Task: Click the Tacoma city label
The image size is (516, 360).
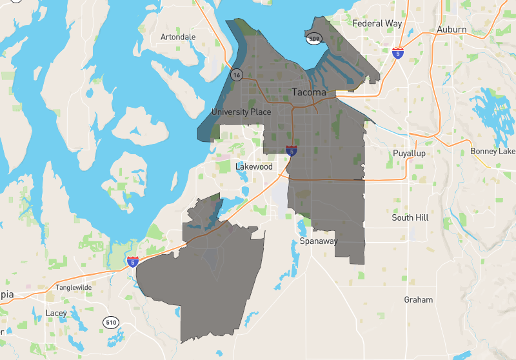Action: [x=309, y=92]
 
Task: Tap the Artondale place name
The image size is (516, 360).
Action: [x=177, y=37]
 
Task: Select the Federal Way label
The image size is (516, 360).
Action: [x=377, y=23]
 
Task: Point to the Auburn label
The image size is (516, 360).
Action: [x=451, y=30]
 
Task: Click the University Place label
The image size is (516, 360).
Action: [x=241, y=112]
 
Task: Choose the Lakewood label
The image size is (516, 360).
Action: [x=253, y=166]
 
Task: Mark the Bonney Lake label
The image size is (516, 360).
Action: [x=493, y=151]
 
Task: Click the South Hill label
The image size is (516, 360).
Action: [x=410, y=218]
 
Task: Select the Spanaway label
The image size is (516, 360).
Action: [x=319, y=241]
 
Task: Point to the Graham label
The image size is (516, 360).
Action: [x=418, y=300]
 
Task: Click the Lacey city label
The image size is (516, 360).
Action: [x=56, y=314]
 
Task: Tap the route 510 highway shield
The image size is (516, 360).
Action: [x=110, y=322]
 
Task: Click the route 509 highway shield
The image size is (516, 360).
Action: [x=315, y=39]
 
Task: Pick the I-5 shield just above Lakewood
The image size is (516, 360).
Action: [x=292, y=151]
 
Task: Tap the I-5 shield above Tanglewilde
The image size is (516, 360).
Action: [x=132, y=261]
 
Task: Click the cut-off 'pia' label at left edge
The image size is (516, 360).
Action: [x=6, y=294]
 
